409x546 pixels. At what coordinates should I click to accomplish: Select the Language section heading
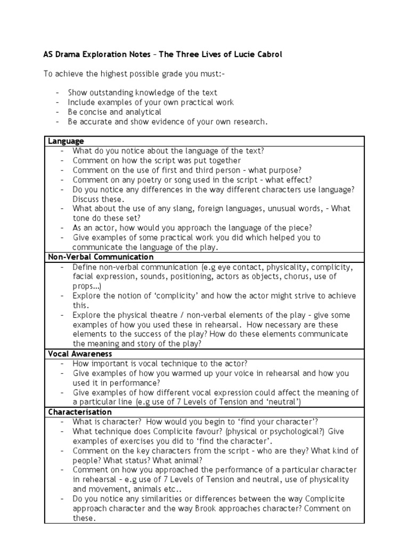pyautogui.click(x=66, y=141)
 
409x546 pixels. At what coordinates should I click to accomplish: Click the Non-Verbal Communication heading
pyautogui.click(x=93, y=257)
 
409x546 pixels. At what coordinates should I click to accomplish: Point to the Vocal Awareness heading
pyautogui.click(x=80, y=354)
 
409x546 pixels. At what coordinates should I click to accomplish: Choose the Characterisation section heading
pyautogui.click(x=80, y=412)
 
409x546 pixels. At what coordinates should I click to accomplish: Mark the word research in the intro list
pyautogui.click(x=248, y=122)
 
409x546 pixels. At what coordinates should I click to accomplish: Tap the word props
pyautogui.click(x=84, y=286)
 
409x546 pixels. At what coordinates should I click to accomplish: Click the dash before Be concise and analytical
pyautogui.click(x=57, y=112)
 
